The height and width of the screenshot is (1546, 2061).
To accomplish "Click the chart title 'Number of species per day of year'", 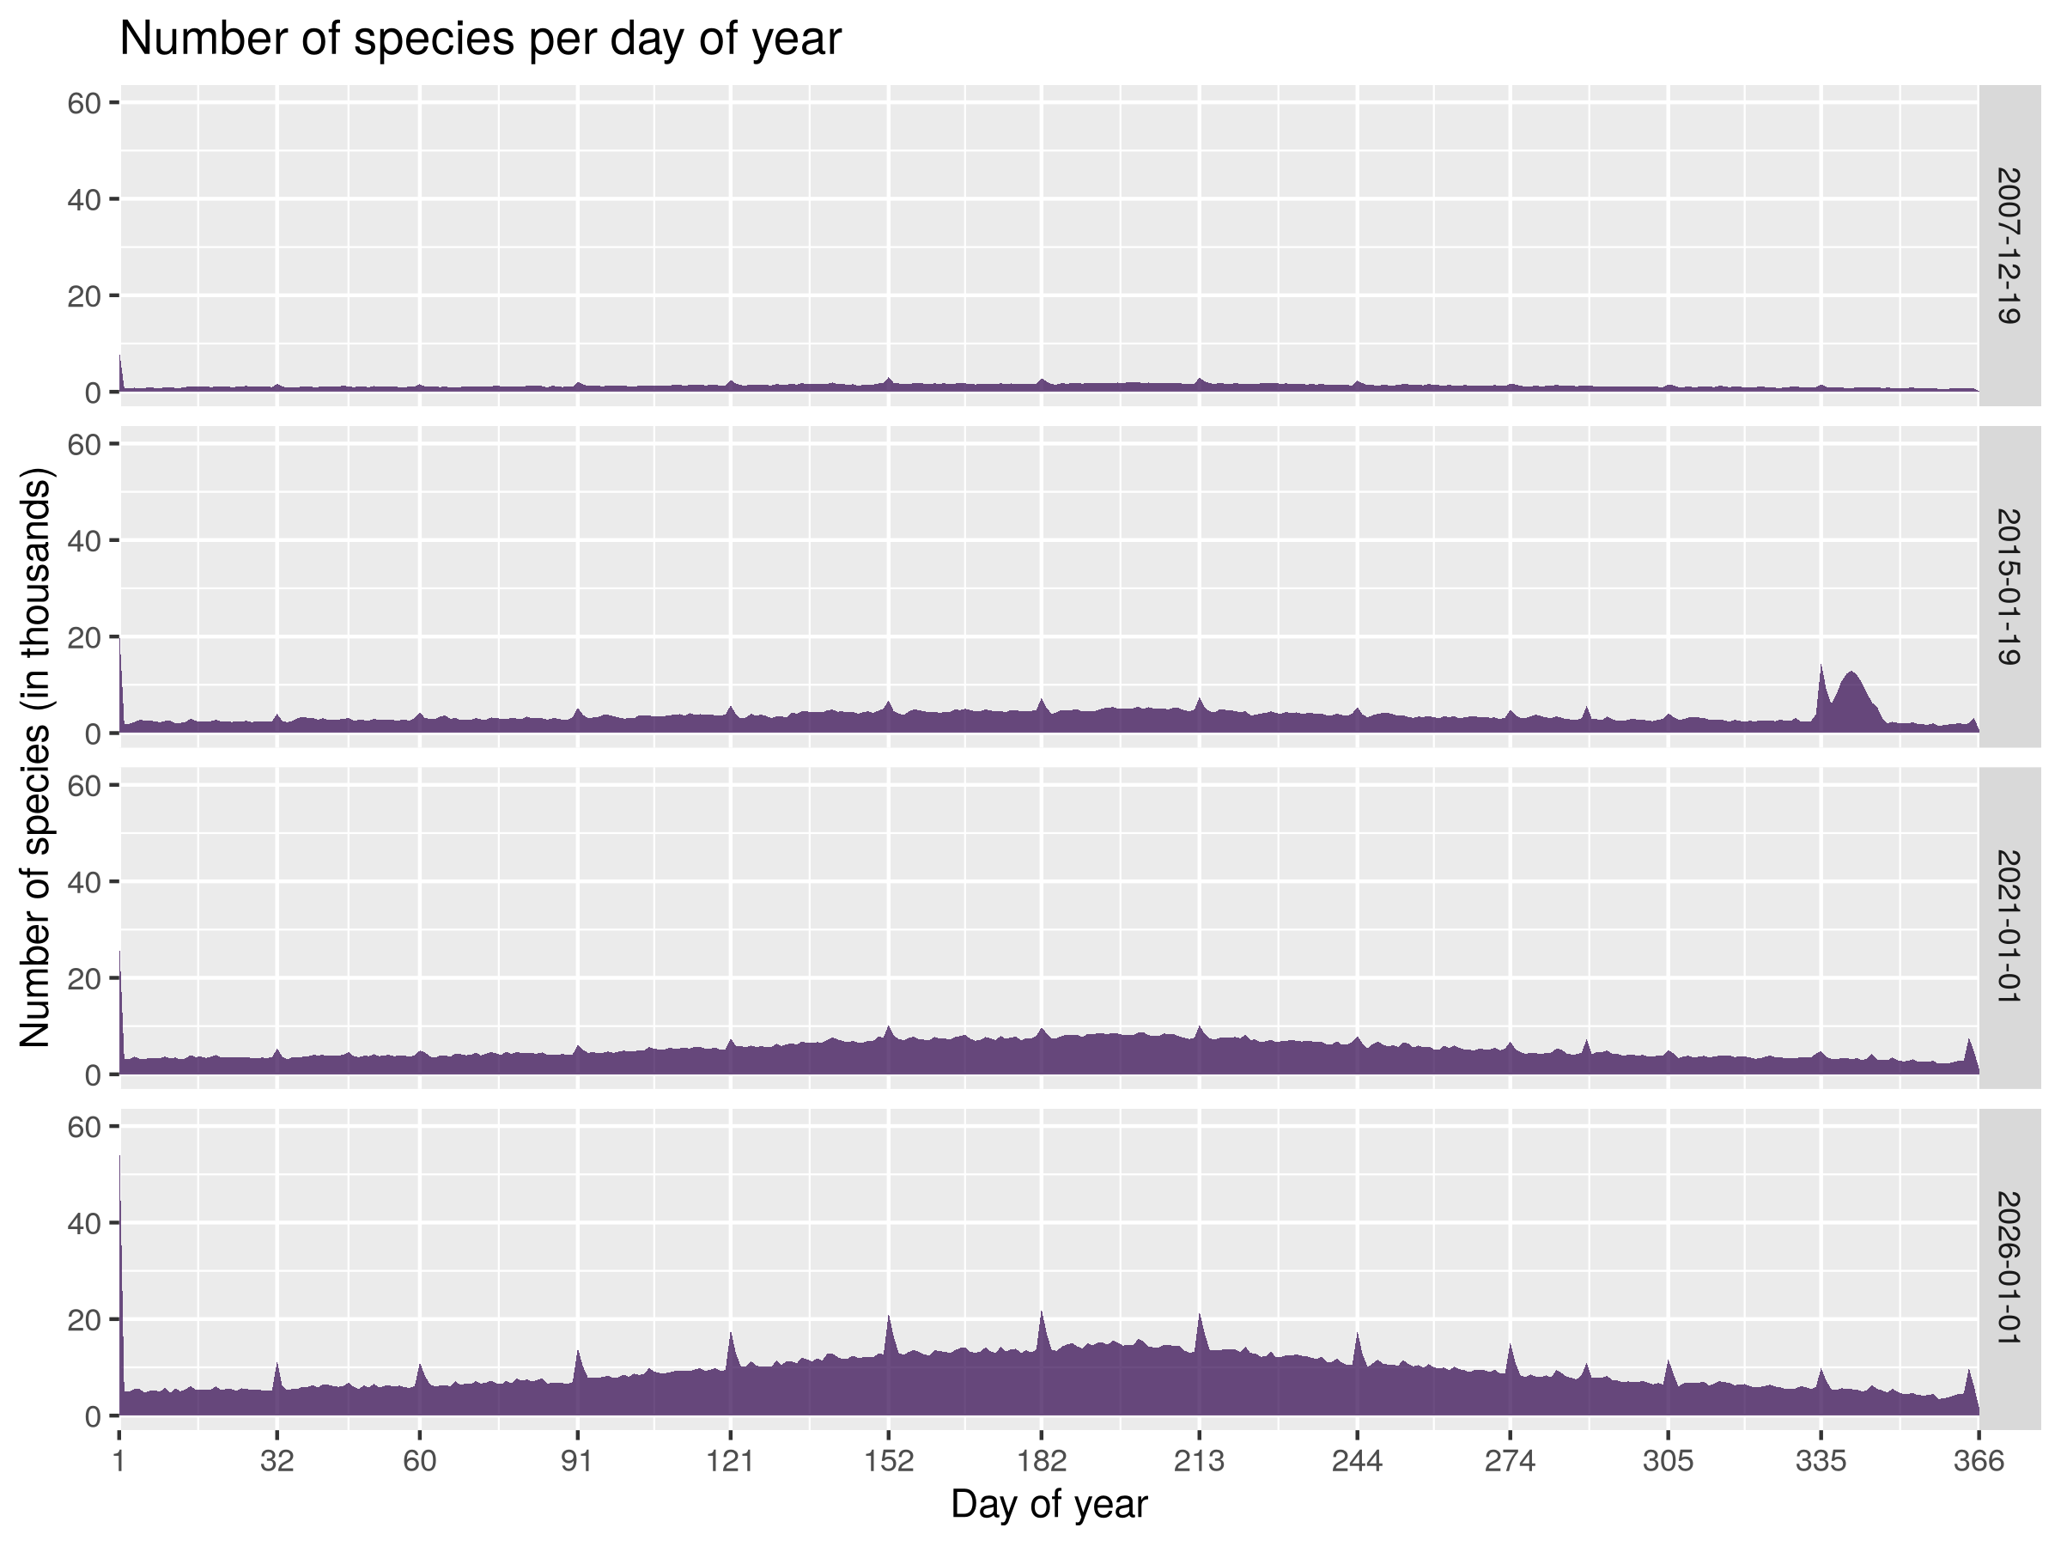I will pyautogui.click(x=480, y=40).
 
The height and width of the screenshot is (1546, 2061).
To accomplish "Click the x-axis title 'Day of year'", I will pyautogui.click(x=1049, y=1503).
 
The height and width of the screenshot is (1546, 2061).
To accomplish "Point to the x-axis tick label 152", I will pyautogui.click(x=889, y=1460).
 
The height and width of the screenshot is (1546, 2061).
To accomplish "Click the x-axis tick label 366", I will pyautogui.click(x=1978, y=1460).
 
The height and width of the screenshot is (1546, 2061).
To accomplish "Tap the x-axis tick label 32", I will pyautogui.click(x=277, y=1460).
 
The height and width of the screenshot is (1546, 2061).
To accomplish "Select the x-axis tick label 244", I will pyautogui.click(x=1357, y=1460).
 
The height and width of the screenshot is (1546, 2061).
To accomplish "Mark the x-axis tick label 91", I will pyautogui.click(x=577, y=1460).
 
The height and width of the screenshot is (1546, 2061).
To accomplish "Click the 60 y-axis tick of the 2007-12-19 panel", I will pyautogui.click(x=84, y=102).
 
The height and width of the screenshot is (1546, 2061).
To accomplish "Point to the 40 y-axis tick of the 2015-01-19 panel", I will pyautogui.click(x=84, y=540).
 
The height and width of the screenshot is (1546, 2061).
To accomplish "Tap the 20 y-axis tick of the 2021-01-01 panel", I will pyautogui.click(x=84, y=978).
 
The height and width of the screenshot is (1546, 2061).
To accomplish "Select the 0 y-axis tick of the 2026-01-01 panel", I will pyautogui.click(x=92, y=1416).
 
